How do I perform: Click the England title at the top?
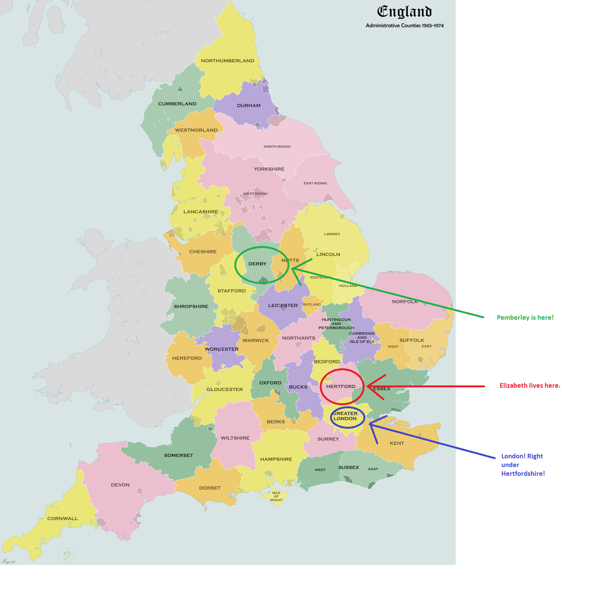click(x=404, y=12)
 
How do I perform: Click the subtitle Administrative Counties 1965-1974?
click(x=404, y=25)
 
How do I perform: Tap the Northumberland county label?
click(x=227, y=61)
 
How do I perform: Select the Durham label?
click(x=249, y=106)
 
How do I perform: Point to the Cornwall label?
click(x=63, y=518)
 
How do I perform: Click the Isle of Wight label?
click(x=276, y=496)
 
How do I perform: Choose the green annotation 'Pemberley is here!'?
click(x=525, y=317)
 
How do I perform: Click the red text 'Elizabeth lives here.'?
click(x=530, y=385)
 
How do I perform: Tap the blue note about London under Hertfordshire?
click(x=523, y=465)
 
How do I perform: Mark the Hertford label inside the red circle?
click(x=341, y=387)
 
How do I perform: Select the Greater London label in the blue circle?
click(x=345, y=416)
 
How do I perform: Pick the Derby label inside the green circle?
click(x=257, y=264)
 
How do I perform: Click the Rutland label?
click(x=312, y=305)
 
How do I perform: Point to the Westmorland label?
click(x=196, y=130)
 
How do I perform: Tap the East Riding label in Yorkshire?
click(x=315, y=183)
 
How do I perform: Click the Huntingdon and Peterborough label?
click(x=336, y=324)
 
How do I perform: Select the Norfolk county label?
click(x=405, y=302)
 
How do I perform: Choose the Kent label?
click(x=397, y=443)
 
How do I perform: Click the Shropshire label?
click(x=191, y=306)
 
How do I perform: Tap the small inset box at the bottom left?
click(x=66, y=555)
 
